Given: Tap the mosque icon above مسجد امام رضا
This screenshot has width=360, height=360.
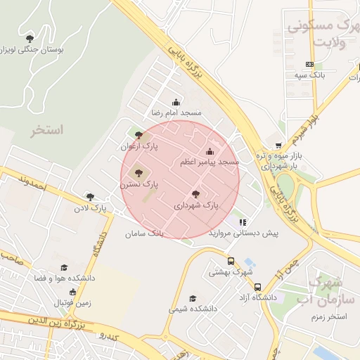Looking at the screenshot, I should point(176,102).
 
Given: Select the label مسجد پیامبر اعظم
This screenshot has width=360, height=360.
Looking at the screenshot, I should point(210,162).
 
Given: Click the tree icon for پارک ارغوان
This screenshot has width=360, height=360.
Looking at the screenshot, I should point(139,135).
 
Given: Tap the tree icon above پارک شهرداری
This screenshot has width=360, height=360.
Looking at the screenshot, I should point(195,194).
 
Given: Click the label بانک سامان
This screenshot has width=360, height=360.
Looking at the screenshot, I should point(147,232).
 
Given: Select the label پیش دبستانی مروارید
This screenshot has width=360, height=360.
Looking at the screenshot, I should point(243,232).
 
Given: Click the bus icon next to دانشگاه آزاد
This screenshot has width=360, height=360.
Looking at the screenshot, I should point(258,287).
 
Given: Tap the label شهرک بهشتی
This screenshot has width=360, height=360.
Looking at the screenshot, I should point(231,271).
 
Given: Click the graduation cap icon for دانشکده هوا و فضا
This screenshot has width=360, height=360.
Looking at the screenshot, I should point(64,267).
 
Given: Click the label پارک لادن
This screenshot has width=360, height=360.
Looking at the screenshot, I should point(90,208).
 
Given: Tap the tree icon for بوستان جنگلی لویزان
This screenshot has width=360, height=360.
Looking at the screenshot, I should point(29,39).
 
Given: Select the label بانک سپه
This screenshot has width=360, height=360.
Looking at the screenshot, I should point(309,74).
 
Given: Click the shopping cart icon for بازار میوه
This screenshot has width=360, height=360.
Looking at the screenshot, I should point(278,146).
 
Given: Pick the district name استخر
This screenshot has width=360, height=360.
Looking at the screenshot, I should point(47,130).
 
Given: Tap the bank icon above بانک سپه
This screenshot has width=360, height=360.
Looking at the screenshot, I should point(309,64).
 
